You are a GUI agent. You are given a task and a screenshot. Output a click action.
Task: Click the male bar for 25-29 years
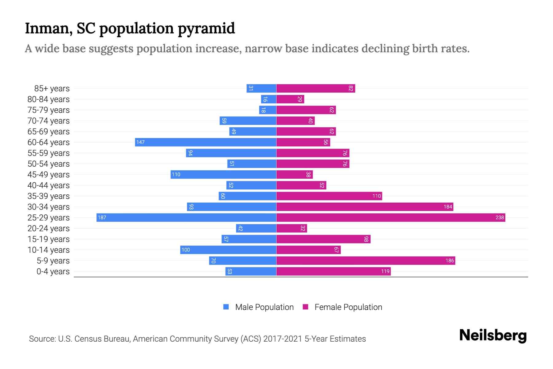click(186, 217)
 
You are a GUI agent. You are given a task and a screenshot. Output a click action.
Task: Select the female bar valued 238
click(391, 217)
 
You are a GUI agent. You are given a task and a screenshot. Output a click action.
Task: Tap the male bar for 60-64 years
click(206, 142)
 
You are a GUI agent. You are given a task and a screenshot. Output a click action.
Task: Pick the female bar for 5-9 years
click(366, 260)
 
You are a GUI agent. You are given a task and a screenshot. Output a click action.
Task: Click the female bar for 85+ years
click(316, 88)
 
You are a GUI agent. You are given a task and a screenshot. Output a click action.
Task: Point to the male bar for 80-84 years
click(269, 99)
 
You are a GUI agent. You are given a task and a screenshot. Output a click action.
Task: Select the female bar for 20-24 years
click(292, 228)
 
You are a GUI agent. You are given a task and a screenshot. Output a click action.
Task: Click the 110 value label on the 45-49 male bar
click(176, 174)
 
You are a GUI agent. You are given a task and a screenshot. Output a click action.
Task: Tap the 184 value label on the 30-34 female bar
click(448, 207)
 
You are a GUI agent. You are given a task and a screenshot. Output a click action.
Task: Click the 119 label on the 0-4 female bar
click(385, 271)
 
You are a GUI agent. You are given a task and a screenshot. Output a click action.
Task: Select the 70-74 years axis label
click(49, 121)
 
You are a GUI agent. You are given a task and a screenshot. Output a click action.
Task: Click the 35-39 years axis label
click(49, 196)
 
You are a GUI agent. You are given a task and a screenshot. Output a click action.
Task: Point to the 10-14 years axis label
click(49, 250)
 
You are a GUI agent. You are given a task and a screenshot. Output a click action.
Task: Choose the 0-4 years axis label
click(53, 272)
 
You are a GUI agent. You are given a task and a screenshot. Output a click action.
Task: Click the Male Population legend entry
click(264, 307)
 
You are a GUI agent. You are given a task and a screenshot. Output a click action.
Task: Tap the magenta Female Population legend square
click(305, 307)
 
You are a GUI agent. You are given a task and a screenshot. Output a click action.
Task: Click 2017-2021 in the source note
click(283, 339)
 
